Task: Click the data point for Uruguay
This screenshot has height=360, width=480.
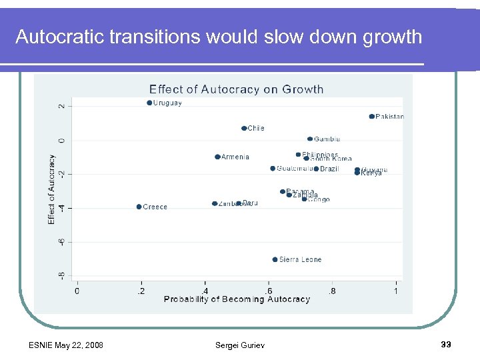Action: [149, 103]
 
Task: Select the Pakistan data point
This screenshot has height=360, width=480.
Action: [371, 117]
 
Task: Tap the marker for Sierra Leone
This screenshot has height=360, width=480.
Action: [275, 259]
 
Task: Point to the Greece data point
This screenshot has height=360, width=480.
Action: [139, 207]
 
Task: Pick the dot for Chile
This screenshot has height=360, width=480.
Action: [244, 128]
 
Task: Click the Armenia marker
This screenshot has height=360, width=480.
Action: [217, 157]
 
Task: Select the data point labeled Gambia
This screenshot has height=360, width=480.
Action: [310, 139]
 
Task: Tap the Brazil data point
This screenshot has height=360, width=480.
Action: [316, 169]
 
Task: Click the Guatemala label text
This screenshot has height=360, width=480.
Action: [294, 169]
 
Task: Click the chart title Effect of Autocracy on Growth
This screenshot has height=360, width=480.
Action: [236, 89]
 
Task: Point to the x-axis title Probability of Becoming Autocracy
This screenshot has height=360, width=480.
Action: [237, 299]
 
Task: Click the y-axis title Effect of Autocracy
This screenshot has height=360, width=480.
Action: [52, 189]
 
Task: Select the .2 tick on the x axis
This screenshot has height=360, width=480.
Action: [140, 290]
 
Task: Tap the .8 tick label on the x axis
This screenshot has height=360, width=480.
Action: [332, 290]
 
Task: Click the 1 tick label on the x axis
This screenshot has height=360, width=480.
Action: [396, 290]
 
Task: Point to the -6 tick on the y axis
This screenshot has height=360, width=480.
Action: [62, 242]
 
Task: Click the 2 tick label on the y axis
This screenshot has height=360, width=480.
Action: [62, 106]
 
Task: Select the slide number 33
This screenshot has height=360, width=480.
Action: [447, 345]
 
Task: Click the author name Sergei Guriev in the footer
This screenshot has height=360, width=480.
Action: [239, 345]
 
